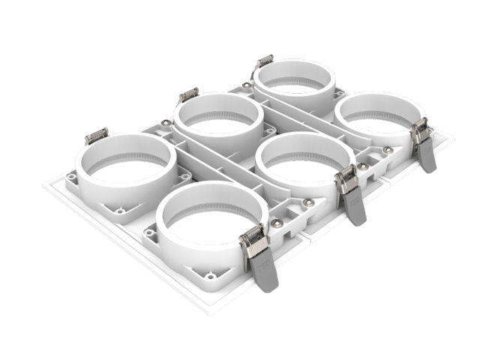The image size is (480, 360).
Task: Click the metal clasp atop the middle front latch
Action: tap(346, 178)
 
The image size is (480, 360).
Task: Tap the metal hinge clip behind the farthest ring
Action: tap(263, 62)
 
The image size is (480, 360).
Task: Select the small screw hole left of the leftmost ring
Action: tap(70, 178)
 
